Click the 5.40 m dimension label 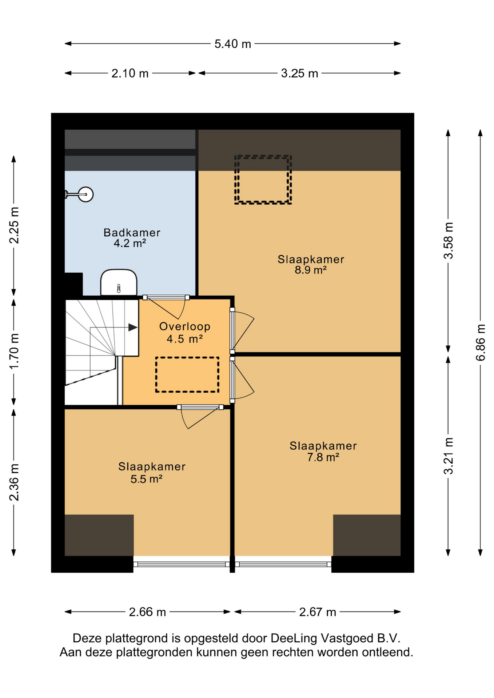click(x=232, y=44)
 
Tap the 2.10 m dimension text click(x=130, y=73)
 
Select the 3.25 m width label click(x=299, y=73)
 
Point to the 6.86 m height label click(x=480, y=342)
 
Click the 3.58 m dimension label click(x=448, y=240)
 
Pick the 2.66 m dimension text click(x=147, y=612)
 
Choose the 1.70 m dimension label click(x=14, y=351)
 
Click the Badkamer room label click(x=132, y=232)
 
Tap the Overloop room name click(x=185, y=326)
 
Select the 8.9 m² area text click(x=311, y=270)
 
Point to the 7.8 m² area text click(x=323, y=457)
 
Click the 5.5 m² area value click(x=146, y=479)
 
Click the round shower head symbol click(x=86, y=194)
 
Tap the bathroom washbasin click(x=119, y=282)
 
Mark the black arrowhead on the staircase click(x=133, y=328)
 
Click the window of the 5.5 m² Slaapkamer click(x=182, y=564)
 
